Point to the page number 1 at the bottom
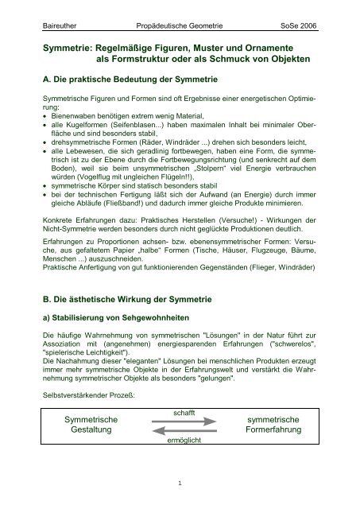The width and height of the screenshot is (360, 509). click(180, 482)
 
